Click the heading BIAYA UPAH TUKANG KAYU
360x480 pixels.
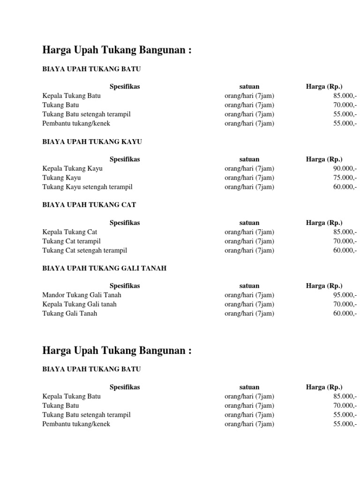[92, 142]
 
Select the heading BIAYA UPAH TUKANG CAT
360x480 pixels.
[89, 205]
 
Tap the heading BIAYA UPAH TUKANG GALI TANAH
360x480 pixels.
[104, 268]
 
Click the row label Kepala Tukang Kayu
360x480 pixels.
[72, 168]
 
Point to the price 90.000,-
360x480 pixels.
[345, 168]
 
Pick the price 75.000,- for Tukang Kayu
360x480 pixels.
[345, 178]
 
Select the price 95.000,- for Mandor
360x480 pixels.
[345, 295]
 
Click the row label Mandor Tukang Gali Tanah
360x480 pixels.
[82, 295]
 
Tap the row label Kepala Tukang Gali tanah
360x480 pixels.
[79, 304]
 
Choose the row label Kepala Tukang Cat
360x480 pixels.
[70, 232]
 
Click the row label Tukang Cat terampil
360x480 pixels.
[71, 241]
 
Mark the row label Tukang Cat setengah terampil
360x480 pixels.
[84, 250]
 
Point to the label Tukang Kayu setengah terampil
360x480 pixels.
[87, 187]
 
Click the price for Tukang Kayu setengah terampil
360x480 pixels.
[345, 187]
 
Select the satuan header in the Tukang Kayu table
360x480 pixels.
[249, 159]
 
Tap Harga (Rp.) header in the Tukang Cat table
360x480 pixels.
[324, 223]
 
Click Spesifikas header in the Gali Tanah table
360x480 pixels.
[125, 285]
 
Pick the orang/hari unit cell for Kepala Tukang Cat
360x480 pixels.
[249, 232]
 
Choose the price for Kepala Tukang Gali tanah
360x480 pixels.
[345, 304]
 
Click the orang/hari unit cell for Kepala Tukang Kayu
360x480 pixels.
[249, 168]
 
